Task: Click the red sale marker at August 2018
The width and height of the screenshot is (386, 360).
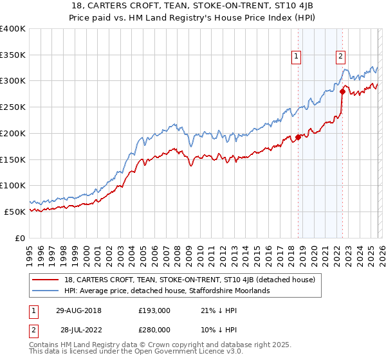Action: [298, 137]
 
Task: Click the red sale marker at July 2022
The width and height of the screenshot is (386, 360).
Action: [342, 91]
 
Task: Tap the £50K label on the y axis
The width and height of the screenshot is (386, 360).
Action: [15, 212]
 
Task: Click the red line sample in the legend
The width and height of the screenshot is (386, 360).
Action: [46, 280]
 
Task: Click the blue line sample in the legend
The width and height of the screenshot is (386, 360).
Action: [46, 291]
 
